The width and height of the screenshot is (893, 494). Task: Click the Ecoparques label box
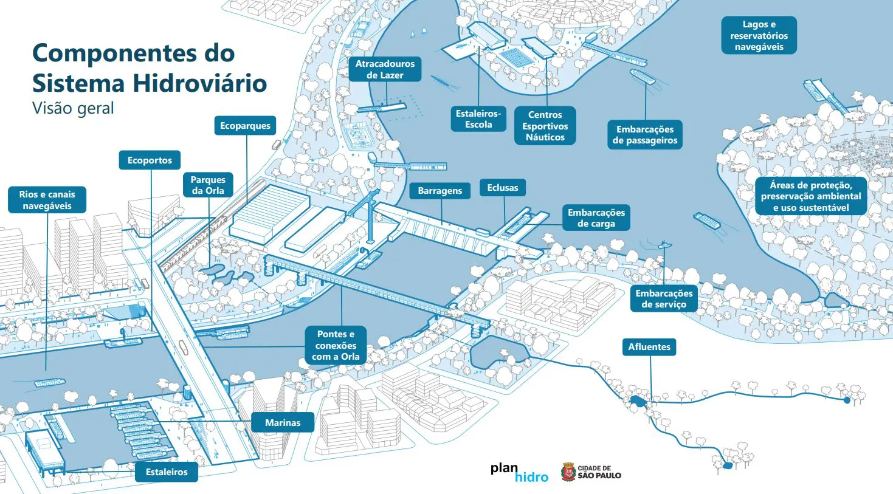tap(245, 126)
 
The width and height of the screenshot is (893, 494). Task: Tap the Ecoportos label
tap(150, 160)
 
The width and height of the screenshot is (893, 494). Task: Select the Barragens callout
tap(440, 191)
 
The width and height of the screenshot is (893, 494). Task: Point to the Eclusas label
tap(503, 188)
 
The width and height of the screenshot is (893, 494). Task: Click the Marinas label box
tap(283, 422)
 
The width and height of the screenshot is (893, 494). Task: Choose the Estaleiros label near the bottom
tap(167, 472)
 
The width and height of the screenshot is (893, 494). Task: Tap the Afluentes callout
tap(649, 347)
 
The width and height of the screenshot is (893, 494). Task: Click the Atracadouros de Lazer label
tap(385, 69)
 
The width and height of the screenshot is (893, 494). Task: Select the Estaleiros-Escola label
tap(478, 119)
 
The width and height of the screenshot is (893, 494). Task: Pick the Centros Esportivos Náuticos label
tap(545, 126)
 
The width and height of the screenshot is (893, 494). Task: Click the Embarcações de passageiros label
tap(645, 134)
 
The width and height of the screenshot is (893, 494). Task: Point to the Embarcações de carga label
tap(596, 218)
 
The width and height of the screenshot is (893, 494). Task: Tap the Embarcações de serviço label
tap(664, 298)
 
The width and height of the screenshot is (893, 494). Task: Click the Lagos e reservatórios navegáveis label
tap(759, 35)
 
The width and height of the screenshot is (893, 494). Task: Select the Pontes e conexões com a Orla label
tap(336, 345)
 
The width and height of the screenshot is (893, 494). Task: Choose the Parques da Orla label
tap(208, 185)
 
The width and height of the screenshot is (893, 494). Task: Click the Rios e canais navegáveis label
tap(47, 200)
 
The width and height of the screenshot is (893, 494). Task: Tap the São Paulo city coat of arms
tap(568, 472)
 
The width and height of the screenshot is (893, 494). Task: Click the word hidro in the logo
tap(531, 477)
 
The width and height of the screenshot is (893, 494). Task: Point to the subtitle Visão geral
tap(73, 108)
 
